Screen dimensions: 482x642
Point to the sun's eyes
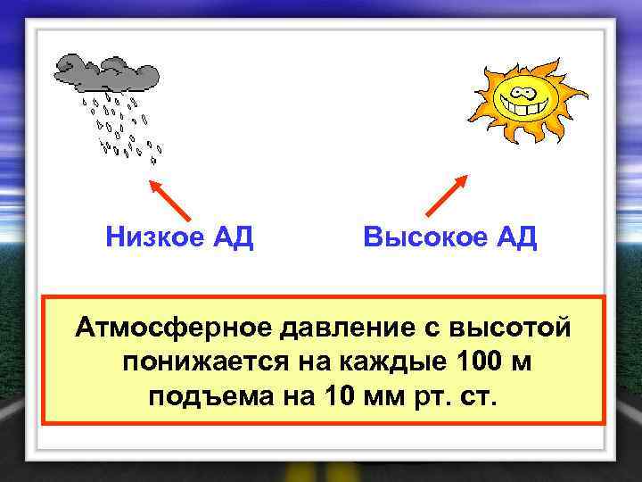point(521,89)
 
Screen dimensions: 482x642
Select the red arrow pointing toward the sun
point(447,195)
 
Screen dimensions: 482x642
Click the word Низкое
point(154,237)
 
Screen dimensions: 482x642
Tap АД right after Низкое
point(232,237)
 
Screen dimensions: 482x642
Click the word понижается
point(201,361)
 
